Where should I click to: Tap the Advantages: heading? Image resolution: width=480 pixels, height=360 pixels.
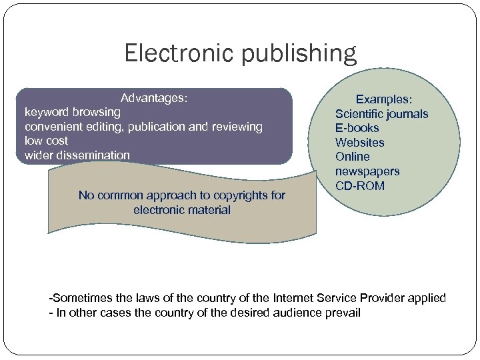[154, 98]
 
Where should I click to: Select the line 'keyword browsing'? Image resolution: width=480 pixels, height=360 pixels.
[72, 112]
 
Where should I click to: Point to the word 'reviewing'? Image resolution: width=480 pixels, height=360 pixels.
[237, 126]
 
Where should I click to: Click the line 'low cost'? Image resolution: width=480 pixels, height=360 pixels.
[46, 141]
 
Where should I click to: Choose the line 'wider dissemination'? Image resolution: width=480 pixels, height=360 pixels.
[77, 155]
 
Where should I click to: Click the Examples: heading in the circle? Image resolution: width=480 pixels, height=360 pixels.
[383, 99]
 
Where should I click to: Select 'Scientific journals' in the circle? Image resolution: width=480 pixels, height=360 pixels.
[381, 114]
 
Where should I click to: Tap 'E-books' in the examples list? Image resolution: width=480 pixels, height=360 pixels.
[357, 128]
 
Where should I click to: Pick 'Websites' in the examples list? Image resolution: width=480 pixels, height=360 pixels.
[360, 143]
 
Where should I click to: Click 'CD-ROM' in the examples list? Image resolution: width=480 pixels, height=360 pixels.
[360, 186]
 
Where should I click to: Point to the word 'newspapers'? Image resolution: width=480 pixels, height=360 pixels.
[367, 171]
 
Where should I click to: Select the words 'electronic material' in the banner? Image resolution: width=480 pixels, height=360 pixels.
[182, 210]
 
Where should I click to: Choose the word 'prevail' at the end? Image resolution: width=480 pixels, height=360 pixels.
[343, 312]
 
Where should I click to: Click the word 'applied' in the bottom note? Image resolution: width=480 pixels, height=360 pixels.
[425, 298]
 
